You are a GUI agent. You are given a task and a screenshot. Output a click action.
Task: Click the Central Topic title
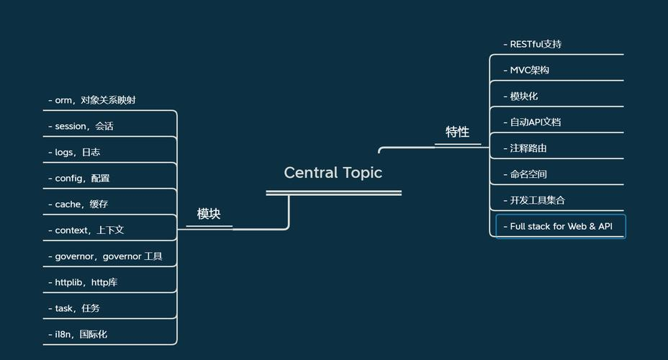tap(333, 173)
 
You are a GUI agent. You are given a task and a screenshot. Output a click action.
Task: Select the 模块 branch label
tap(209, 214)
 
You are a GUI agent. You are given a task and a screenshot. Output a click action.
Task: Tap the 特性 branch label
tap(458, 132)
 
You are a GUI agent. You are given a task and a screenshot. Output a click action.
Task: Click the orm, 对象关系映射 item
tap(92, 100)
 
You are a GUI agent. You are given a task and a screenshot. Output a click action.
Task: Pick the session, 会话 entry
tap(81, 126)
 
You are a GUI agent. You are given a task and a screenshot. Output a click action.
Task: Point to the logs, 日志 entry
tap(74, 152)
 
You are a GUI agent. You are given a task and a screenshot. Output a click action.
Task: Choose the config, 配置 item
tap(78, 178)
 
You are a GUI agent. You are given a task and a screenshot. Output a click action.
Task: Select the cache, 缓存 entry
tap(78, 204)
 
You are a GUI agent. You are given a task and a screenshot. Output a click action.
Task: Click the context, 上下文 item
tap(86, 230)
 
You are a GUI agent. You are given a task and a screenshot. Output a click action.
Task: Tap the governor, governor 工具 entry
tap(105, 256)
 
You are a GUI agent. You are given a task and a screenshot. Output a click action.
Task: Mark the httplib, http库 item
tap(83, 282)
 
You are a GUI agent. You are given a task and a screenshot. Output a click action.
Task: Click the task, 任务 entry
tap(73, 308)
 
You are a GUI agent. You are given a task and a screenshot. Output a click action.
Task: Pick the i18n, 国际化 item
tap(78, 334)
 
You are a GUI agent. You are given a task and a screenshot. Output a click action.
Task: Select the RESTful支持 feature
tap(533, 45)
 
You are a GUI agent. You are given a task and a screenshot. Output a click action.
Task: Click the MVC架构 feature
tap(526, 71)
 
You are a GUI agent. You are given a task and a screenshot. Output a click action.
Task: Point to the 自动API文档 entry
tap(532, 122)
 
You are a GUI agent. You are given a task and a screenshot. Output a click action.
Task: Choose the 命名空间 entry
tap(525, 174)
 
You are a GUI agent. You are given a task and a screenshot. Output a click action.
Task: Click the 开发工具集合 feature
tap(534, 200)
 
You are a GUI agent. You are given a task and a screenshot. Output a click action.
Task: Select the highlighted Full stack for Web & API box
tap(561, 226)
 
